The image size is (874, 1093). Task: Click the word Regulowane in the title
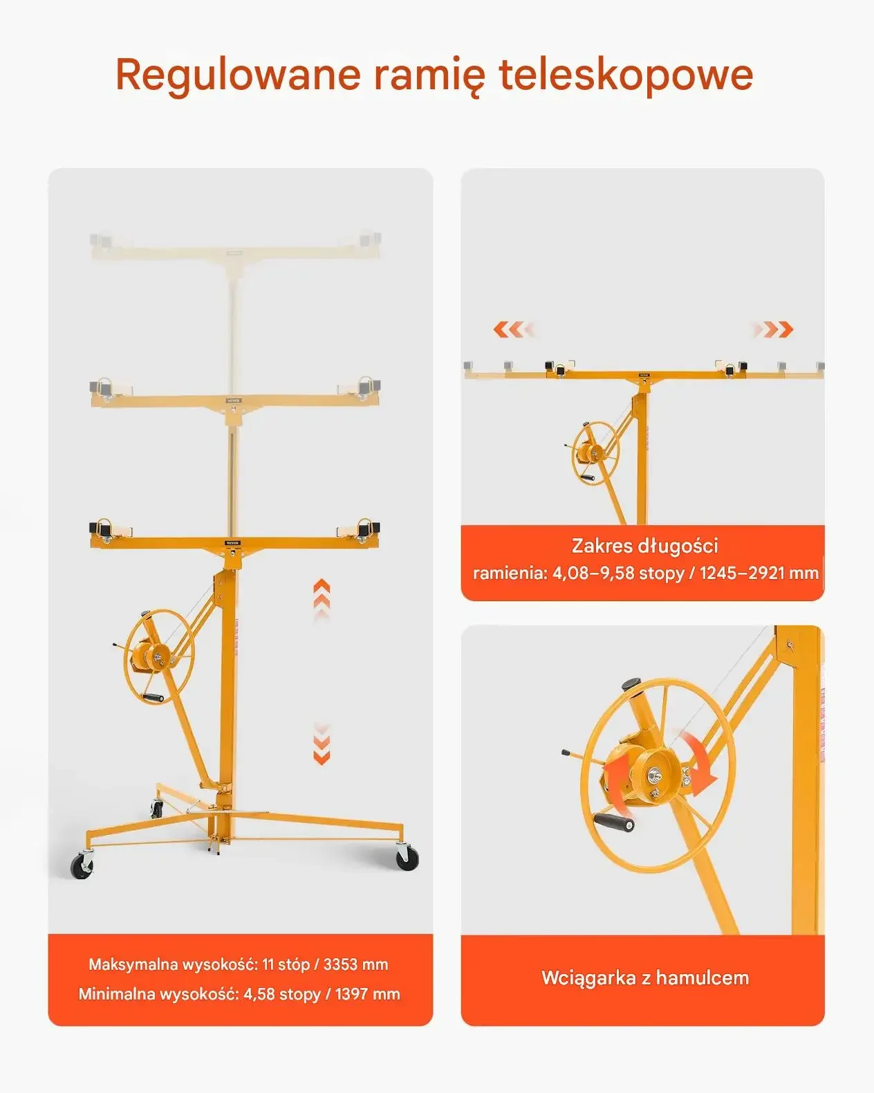[238, 75]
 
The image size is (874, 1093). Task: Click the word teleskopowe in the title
[626, 75]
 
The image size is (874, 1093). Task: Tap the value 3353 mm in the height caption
[355, 964]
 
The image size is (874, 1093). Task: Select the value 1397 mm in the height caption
[367, 993]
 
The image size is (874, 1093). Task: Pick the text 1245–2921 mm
[759, 573]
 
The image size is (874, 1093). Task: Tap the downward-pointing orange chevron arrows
[322, 743]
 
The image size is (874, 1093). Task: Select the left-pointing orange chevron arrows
[514, 329]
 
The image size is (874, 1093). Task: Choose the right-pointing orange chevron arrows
[772, 329]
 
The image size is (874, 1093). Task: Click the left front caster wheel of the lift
[82, 865]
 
